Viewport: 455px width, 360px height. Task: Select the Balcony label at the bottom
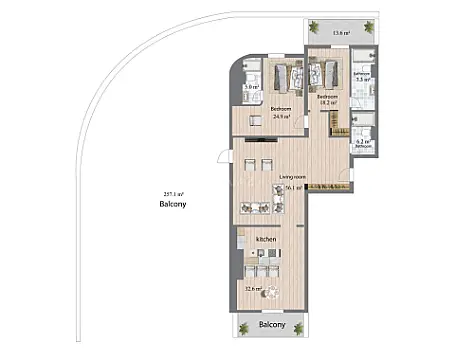pos(273,325)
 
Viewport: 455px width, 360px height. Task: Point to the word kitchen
pos(265,240)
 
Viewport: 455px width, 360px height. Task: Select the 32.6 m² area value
pos(253,290)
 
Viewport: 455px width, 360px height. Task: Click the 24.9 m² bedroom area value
pos(281,116)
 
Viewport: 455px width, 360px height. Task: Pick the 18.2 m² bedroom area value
pos(326,104)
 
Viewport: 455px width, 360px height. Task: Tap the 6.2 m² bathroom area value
pos(362,142)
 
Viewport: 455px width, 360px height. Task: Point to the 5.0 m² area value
pos(251,87)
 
